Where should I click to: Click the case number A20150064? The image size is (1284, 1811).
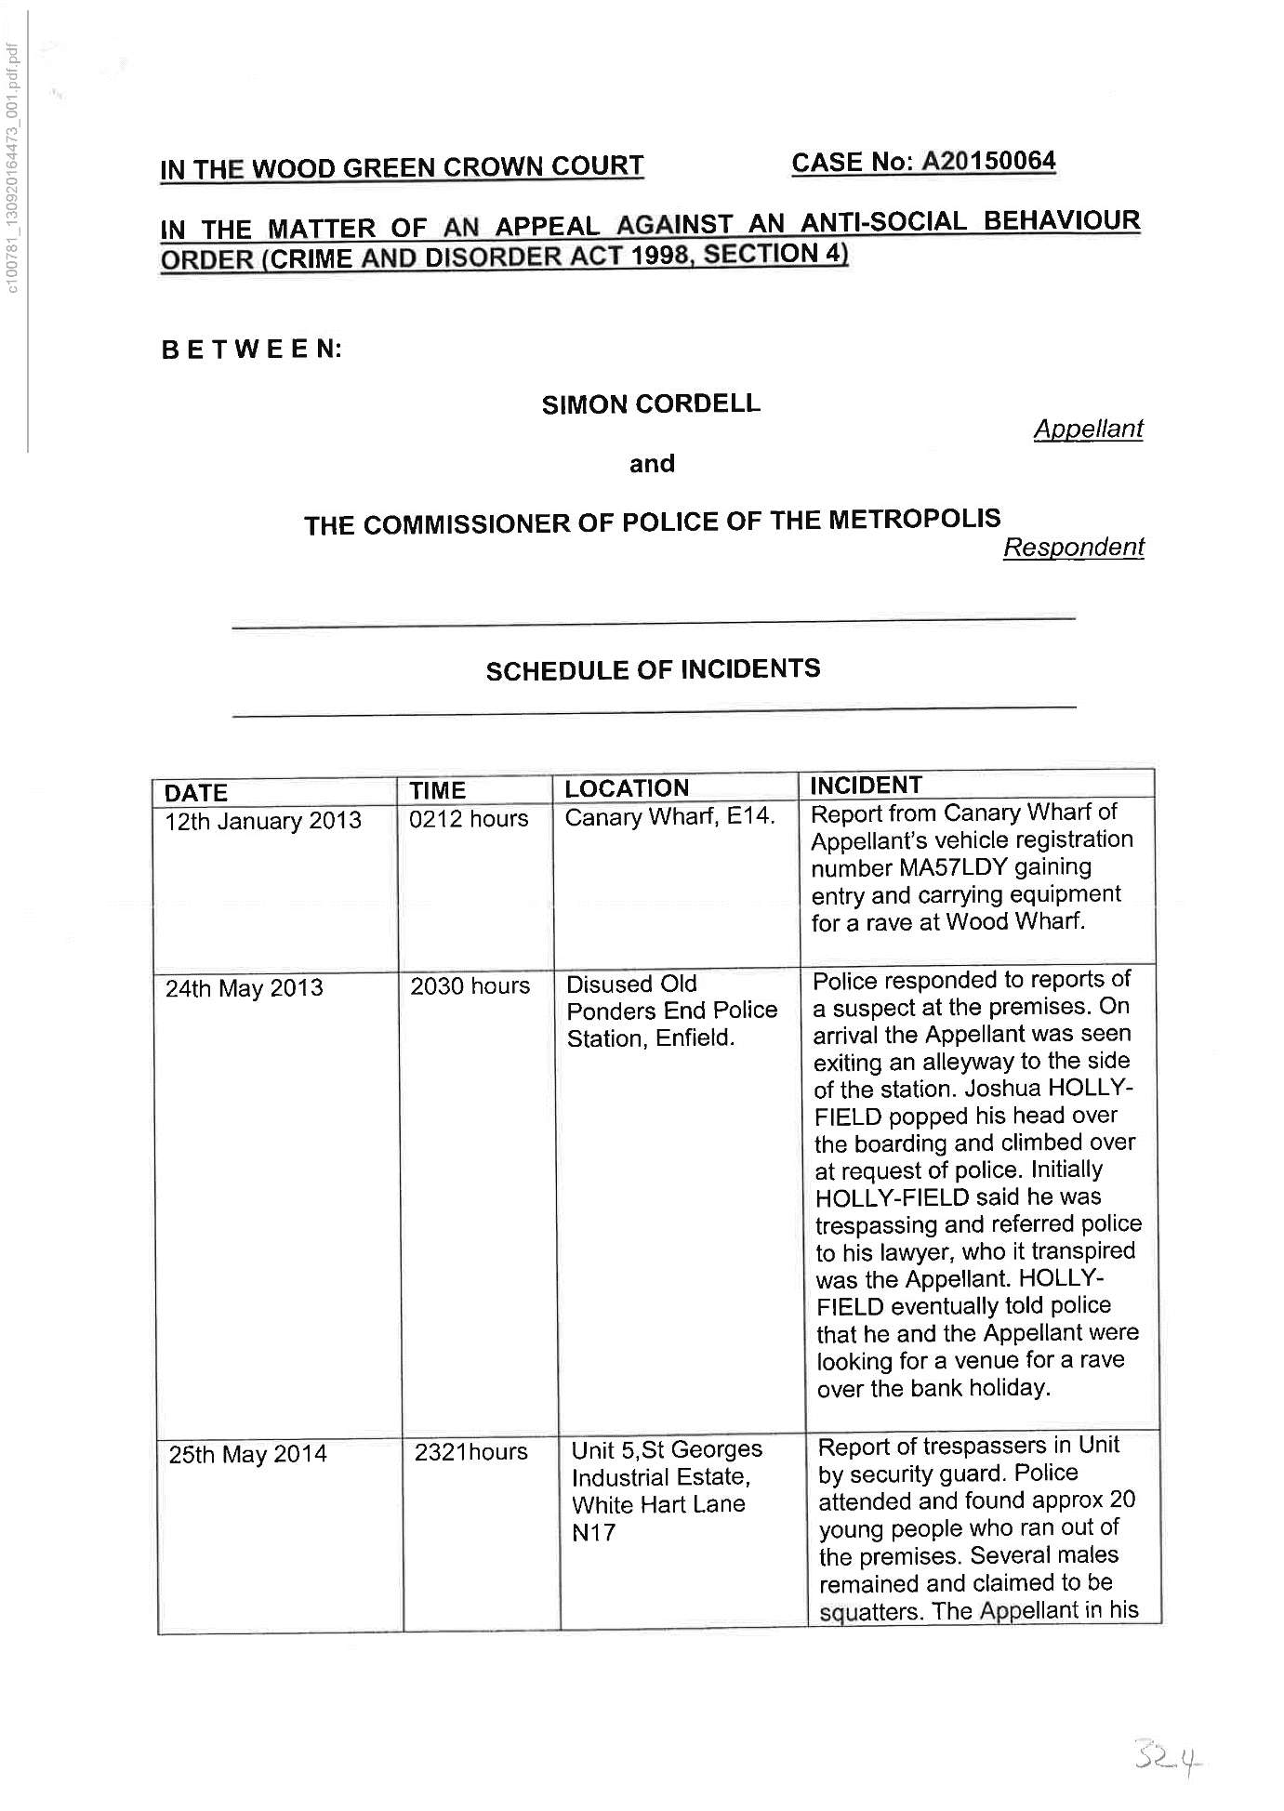click(987, 162)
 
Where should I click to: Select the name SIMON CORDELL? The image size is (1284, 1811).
click(651, 403)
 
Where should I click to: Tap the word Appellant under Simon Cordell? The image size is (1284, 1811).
click(1088, 429)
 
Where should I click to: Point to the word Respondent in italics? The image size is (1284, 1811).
click(1073, 547)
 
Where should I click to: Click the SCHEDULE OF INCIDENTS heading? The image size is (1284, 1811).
click(653, 669)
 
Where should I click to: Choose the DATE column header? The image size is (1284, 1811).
click(196, 793)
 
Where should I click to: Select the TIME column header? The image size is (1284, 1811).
click(437, 790)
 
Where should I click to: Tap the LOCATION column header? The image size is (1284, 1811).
click(627, 788)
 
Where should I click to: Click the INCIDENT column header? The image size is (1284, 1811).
click(866, 785)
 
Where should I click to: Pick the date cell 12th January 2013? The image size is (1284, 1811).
click(263, 821)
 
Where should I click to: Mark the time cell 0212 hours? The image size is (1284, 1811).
click(469, 818)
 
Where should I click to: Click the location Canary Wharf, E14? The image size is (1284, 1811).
click(669, 817)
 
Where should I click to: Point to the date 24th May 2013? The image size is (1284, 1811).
click(245, 987)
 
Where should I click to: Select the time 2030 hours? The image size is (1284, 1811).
click(470, 985)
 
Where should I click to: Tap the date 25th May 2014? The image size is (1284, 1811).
click(247, 1454)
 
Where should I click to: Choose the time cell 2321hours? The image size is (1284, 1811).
click(470, 1451)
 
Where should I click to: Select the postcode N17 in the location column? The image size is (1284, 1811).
click(593, 1532)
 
